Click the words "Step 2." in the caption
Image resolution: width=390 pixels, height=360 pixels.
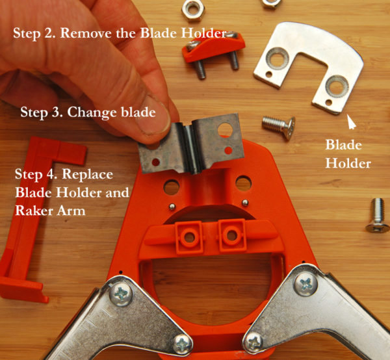pos(34,33)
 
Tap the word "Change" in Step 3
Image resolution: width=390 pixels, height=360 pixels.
pos(92,112)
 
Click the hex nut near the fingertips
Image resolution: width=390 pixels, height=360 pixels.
pos(193,10)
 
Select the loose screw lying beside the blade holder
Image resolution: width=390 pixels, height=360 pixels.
pos(279,127)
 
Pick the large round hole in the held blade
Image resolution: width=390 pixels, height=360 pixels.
pos(225,130)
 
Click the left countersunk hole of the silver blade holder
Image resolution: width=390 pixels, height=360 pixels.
pos(277,58)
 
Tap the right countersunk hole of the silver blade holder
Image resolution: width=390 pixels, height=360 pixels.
pos(337,86)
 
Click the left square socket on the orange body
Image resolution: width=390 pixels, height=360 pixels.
pos(189,237)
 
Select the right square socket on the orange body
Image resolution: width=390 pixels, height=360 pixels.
pos(232,235)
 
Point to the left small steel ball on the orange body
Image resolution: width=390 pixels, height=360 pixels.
pos(172,207)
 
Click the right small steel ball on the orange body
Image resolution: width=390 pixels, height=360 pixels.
pos(245,203)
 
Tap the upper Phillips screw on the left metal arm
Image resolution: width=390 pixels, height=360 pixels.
pos(121,294)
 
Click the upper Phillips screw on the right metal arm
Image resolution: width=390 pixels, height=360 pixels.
pos(306,283)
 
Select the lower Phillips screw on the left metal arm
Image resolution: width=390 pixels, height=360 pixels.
pos(182,345)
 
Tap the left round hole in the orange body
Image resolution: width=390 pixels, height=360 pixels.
pos(172,187)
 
